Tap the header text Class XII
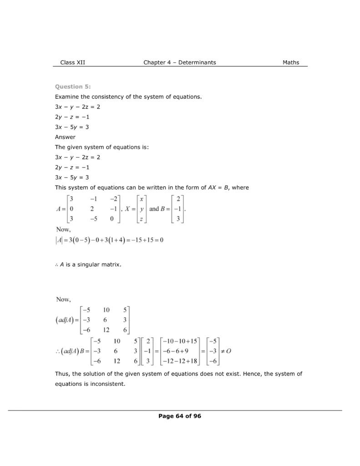pos(72,62)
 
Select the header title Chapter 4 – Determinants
pos(180,62)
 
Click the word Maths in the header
pos(291,62)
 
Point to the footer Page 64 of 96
pos(180,416)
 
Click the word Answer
pos(65,137)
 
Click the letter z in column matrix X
pos(142,219)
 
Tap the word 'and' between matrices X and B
pos(154,209)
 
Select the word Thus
pos(62,374)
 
